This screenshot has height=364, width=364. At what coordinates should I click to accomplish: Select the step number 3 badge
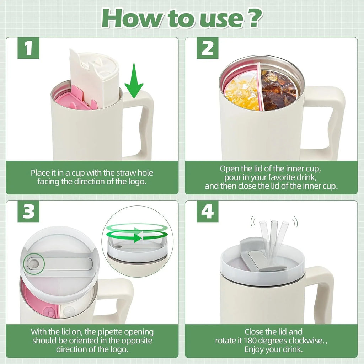28,212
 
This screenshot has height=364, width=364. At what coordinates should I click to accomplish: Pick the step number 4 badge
207,212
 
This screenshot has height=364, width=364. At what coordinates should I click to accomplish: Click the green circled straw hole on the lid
33,263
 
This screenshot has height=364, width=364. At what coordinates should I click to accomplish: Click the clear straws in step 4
274,242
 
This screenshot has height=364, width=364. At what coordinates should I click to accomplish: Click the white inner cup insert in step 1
94,78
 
